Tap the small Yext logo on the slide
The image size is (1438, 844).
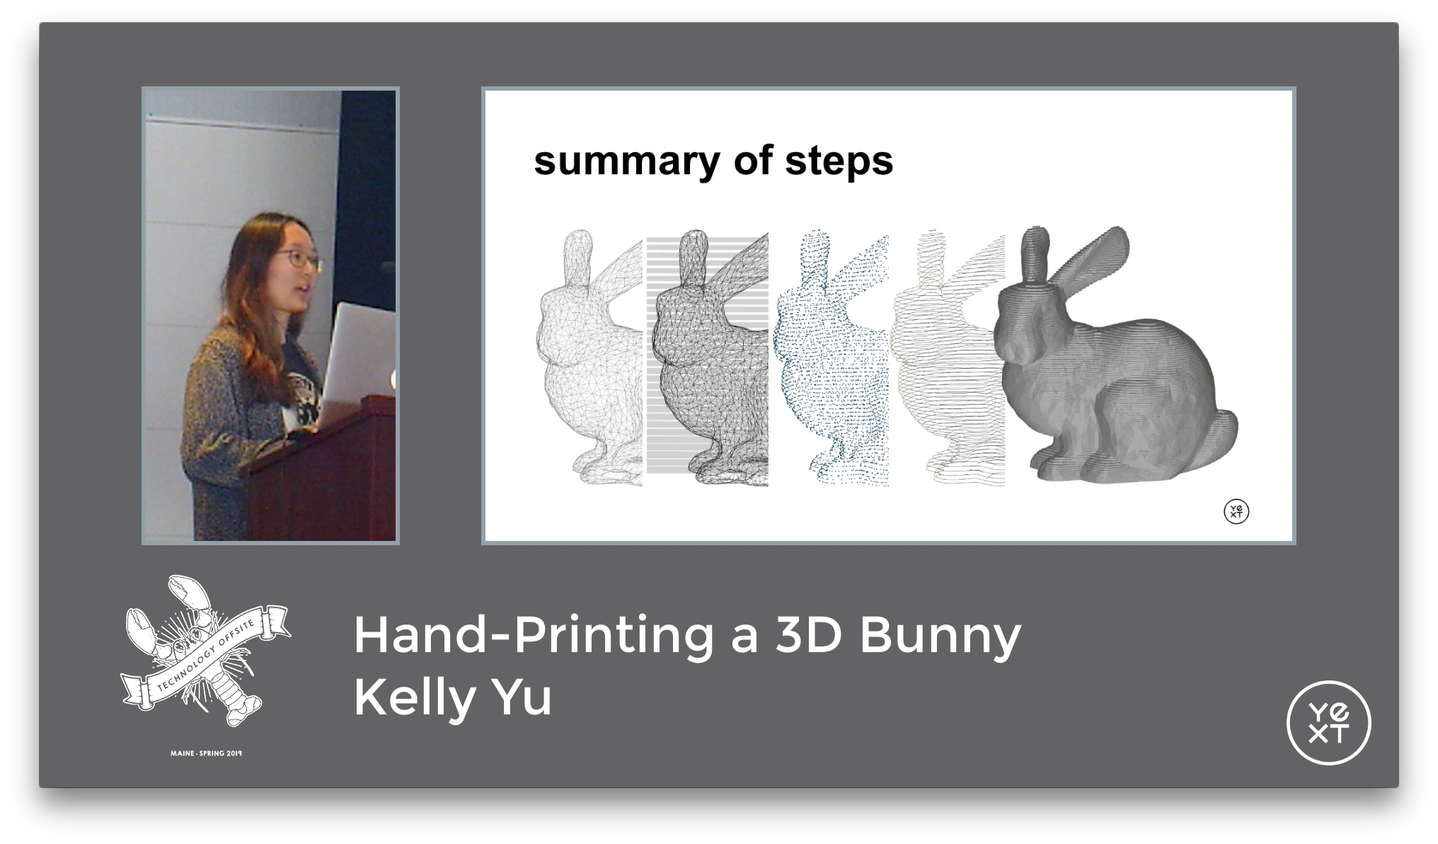pos(1236,511)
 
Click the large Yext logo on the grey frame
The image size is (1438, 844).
pos(1328,723)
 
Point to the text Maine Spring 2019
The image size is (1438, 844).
pos(206,753)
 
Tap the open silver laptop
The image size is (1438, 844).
pos(357,361)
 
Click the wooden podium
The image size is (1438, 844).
pos(326,474)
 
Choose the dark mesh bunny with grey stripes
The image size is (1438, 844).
pos(708,361)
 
